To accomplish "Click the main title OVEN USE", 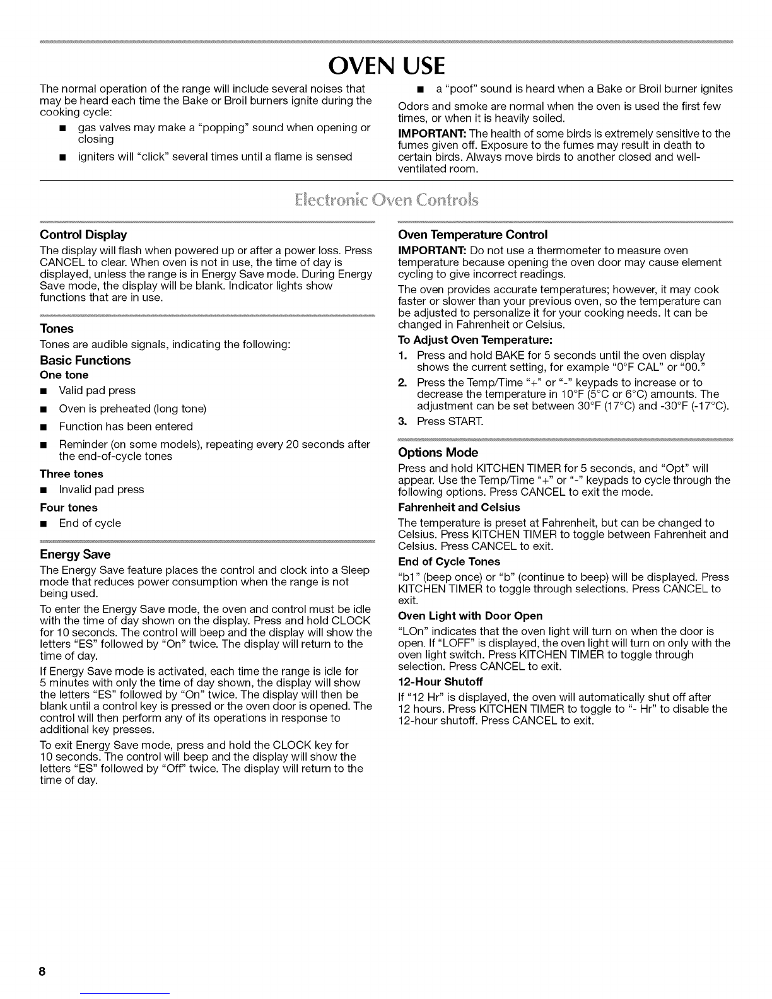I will pyautogui.click(x=386, y=65).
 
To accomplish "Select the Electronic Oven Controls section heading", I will pyautogui.click(x=386, y=201).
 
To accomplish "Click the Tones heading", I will pyautogui.click(x=57, y=329).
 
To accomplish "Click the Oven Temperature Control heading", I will pyautogui.click(x=473, y=235).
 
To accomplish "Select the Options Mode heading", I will pyautogui.click(x=438, y=453).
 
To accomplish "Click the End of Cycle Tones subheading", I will pyautogui.click(x=449, y=562).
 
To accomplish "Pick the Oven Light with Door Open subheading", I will pyautogui.click(x=471, y=616).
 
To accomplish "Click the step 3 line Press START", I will pyautogui.click(x=435, y=421).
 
